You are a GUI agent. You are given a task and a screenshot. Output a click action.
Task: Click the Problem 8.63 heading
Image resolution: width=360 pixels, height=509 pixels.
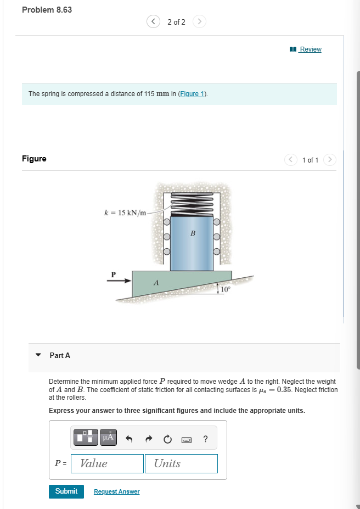47,10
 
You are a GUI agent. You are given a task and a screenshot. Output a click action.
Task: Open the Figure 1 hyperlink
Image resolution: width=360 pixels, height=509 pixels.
192,94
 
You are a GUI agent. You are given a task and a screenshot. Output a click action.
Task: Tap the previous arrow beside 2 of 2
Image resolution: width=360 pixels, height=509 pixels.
153,22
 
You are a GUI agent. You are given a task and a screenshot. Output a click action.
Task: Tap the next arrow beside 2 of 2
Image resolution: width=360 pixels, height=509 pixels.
200,22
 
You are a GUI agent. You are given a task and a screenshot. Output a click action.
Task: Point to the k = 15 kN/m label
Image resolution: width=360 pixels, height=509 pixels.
125,212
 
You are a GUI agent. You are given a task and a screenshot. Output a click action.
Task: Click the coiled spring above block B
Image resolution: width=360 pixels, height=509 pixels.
192,204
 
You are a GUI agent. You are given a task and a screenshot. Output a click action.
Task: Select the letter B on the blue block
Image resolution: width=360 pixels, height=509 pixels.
193,233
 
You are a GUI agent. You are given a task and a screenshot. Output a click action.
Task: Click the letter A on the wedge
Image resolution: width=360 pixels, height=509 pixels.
156,283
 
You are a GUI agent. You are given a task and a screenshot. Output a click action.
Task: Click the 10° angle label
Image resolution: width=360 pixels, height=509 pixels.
226,288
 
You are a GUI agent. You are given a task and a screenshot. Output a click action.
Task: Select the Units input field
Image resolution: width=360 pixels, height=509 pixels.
181,463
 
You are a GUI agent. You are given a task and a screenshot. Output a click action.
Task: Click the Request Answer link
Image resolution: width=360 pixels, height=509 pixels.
116,491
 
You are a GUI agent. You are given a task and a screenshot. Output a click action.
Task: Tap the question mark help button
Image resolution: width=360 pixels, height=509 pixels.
205,438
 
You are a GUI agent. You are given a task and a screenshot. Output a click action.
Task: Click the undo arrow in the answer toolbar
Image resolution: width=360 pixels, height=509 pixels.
130,438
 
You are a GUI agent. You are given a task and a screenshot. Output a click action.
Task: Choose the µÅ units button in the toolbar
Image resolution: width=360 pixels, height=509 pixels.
108,438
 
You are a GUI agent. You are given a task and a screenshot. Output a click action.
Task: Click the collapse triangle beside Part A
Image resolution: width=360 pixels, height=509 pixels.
38,355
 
